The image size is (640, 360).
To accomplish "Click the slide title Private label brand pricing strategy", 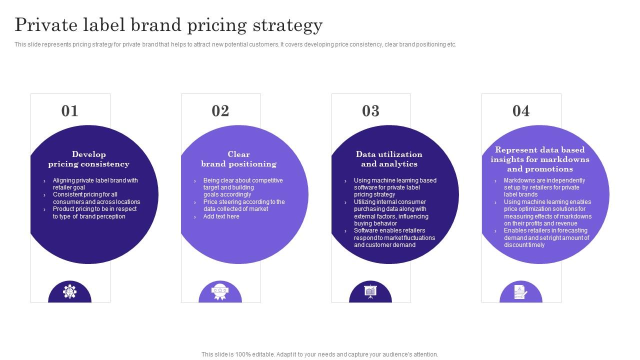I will (168, 24).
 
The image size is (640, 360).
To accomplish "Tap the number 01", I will (70, 110).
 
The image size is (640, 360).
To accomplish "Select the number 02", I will (220, 110).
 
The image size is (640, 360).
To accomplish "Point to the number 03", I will (371, 110).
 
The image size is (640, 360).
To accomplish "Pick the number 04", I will (521, 110).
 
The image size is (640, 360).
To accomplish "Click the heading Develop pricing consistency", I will (88, 159).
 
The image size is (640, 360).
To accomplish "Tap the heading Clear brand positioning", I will (238, 159).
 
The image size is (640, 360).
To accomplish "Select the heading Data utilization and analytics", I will (389, 159).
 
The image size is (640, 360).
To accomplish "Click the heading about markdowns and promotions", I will (539, 159).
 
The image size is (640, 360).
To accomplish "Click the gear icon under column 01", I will (70, 291).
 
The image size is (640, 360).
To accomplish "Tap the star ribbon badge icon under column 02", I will (220, 291).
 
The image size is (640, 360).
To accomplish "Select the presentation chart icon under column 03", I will (370, 291).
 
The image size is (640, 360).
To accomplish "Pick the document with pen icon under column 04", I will (520, 291).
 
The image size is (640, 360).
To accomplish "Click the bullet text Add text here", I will (221, 216).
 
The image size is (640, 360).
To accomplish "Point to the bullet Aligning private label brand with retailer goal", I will (95, 184).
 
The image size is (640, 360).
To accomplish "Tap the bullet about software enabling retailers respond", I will (394, 238).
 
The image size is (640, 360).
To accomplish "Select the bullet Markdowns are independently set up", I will (544, 187).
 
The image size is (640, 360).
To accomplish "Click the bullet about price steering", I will (244, 205).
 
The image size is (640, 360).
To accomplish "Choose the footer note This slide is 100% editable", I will (320, 354).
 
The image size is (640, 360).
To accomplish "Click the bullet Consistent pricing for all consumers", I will (96, 198).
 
